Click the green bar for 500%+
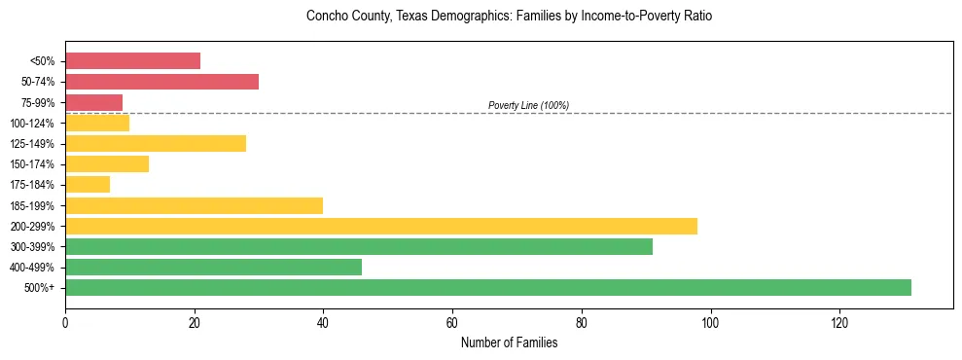point(488,287)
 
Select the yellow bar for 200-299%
point(381,226)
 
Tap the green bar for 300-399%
point(359,246)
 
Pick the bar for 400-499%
point(213,267)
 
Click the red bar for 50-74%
point(161,81)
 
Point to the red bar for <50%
point(132,60)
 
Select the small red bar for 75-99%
point(93,102)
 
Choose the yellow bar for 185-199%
point(194,205)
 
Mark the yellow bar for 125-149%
point(156,143)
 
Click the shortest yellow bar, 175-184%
point(88,184)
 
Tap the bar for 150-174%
point(107,163)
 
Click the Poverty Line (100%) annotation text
point(528,105)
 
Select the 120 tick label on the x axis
point(839,323)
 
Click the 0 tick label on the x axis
point(65,323)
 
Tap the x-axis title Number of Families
point(509,342)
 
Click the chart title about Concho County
point(509,17)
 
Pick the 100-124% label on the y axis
point(32,123)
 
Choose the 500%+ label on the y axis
point(39,288)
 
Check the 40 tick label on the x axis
point(323,323)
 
